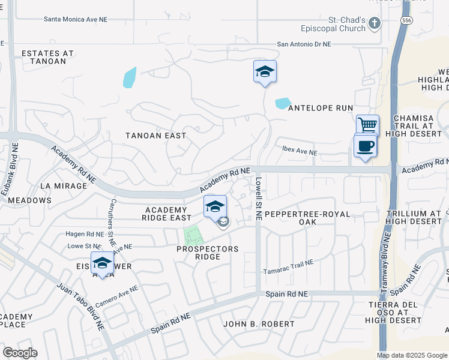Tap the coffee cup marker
point(365,146)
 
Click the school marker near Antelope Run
point(265,73)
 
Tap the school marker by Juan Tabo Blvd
point(103,263)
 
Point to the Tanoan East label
point(155,136)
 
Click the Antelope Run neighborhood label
point(321,108)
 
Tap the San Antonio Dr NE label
point(304,44)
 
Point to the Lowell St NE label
point(258,198)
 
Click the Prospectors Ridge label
point(207,253)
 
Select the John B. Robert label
point(259,324)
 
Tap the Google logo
point(20,353)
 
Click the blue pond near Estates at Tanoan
point(130,77)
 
